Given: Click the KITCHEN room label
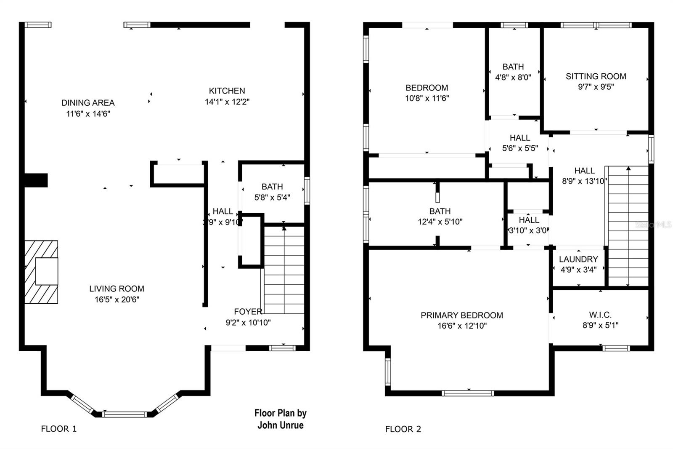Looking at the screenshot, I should (227, 91).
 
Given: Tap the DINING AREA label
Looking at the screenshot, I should (88, 102).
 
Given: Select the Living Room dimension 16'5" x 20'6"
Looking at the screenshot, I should (117, 299).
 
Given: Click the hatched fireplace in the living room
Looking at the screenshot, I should (41, 272).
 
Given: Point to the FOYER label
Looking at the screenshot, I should (248, 311).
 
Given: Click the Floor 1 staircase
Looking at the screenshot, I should (284, 270).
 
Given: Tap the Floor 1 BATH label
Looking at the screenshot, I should (272, 186).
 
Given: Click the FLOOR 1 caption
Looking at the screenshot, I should (58, 429).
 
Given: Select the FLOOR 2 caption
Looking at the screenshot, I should (403, 429).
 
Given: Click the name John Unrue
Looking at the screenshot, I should (280, 425).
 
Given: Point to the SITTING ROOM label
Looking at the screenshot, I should (596, 76).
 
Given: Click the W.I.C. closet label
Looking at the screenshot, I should (600, 315).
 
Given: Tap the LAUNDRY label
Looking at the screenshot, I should (578, 259).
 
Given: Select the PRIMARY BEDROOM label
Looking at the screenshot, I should (462, 315).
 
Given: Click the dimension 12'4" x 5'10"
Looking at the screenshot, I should (440, 222).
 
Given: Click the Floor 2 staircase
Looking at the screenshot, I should (628, 227).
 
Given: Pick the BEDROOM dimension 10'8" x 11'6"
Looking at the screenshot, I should (427, 98).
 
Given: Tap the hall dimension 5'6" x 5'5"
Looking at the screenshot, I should (520, 148).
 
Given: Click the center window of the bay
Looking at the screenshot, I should (125, 414).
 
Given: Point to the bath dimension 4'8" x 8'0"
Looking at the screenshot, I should (513, 77).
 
